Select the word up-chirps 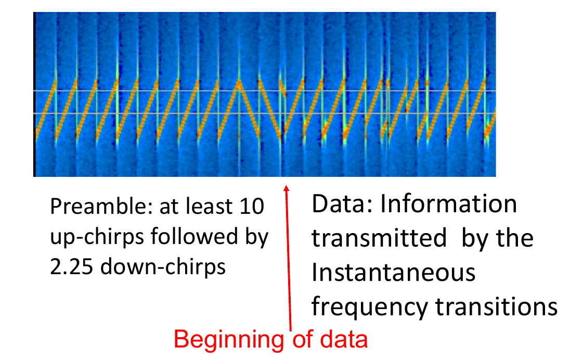97,237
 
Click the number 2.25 71,267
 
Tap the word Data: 342,203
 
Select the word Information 449,203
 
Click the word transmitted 379,238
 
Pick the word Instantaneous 393,273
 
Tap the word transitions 496,306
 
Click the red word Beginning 229,340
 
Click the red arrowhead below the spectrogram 287,188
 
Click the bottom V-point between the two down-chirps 281,138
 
